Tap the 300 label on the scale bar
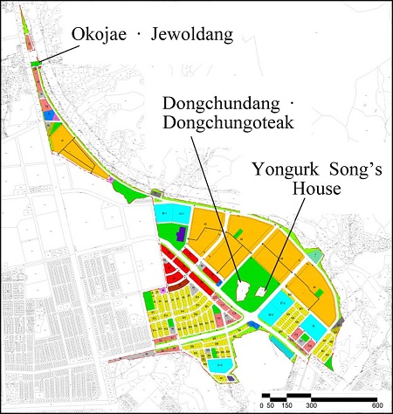pos(311,406)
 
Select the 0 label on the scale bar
pos(263,406)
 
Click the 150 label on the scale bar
pos(285,406)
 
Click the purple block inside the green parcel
pos(181,233)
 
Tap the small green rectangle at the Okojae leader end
pos(36,63)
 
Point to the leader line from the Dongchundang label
pos(219,210)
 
